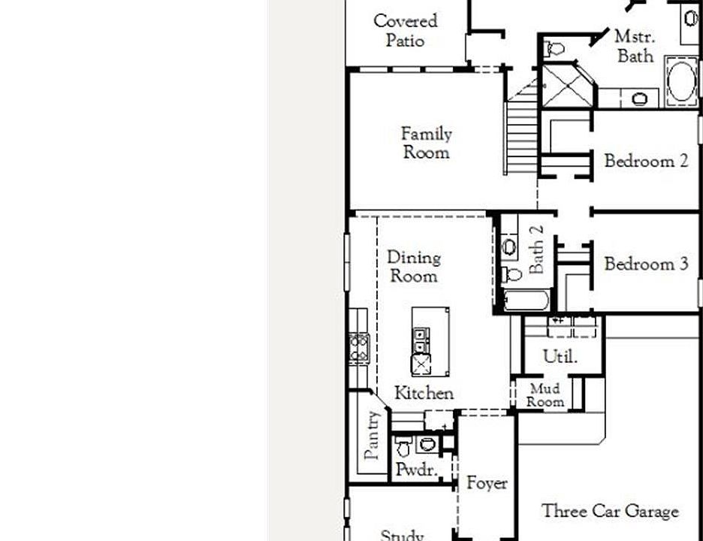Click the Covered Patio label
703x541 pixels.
[x=406, y=31]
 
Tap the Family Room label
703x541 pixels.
[x=426, y=143]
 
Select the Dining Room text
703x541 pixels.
[x=413, y=266]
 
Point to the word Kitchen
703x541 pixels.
[x=424, y=393]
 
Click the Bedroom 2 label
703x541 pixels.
[x=646, y=161]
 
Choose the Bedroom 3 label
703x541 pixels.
[x=646, y=264]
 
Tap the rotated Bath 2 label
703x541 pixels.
[x=536, y=249]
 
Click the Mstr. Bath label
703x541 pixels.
[x=635, y=46]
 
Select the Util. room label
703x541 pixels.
[x=560, y=356]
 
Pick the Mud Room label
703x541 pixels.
[x=545, y=395]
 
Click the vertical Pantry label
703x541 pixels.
[x=372, y=434]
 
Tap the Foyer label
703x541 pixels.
[x=487, y=483]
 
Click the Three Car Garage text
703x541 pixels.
[x=610, y=512]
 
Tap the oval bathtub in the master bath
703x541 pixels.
[x=682, y=83]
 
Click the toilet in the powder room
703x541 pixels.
[x=403, y=449]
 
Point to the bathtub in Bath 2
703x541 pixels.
[x=526, y=301]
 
